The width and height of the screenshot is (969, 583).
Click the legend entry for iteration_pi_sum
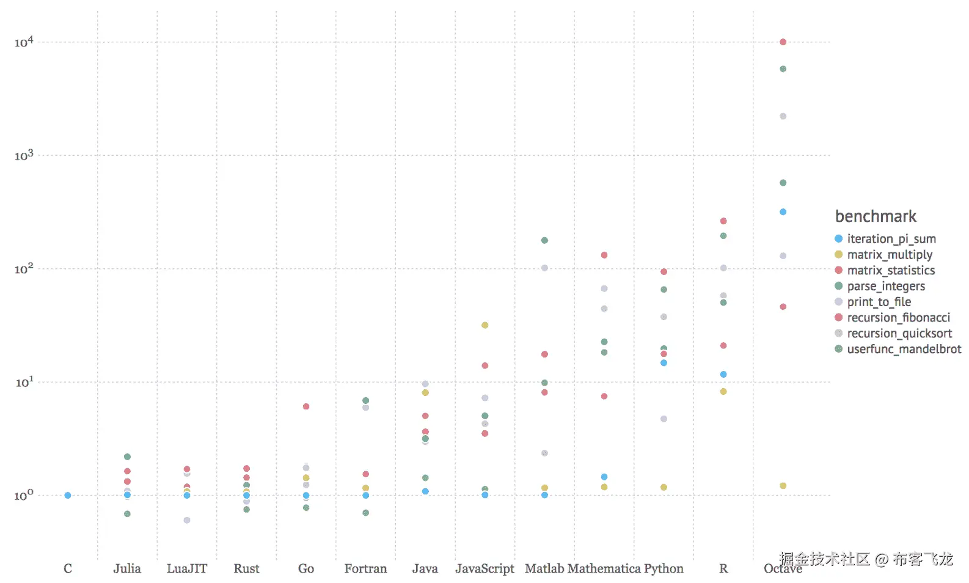click(x=891, y=239)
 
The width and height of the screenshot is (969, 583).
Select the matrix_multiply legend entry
click(x=889, y=255)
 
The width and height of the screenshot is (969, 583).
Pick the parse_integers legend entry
click(x=885, y=286)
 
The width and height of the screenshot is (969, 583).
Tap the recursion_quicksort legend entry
click(x=899, y=334)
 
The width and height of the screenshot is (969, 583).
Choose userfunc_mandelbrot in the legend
click(x=904, y=349)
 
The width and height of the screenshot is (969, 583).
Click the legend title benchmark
click(x=876, y=216)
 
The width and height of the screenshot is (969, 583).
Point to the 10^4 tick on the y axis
click(x=24, y=42)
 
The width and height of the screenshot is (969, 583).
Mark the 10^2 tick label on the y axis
click(x=24, y=269)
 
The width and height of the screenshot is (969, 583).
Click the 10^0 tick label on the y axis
click(x=24, y=496)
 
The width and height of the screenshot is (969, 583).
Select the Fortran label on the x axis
click(x=365, y=569)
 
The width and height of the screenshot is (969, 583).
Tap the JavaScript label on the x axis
click(x=484, y=569)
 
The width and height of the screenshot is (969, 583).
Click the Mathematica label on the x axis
click(x=604, y=569)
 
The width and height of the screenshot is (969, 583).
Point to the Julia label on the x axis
click(x=127, y=569)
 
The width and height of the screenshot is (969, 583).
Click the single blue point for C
click(x=68, y=496)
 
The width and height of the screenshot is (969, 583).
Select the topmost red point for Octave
click(x=783, y=42)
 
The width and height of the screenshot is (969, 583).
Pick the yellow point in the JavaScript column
click(x=484, y=325)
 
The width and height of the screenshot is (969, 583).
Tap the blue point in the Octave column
click(x=783, y=212)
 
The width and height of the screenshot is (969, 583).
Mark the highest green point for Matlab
click(x=544, y=241)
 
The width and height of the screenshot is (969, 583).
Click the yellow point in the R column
click(x=723, y=392)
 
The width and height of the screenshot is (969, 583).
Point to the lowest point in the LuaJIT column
click(x=187, y=521)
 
